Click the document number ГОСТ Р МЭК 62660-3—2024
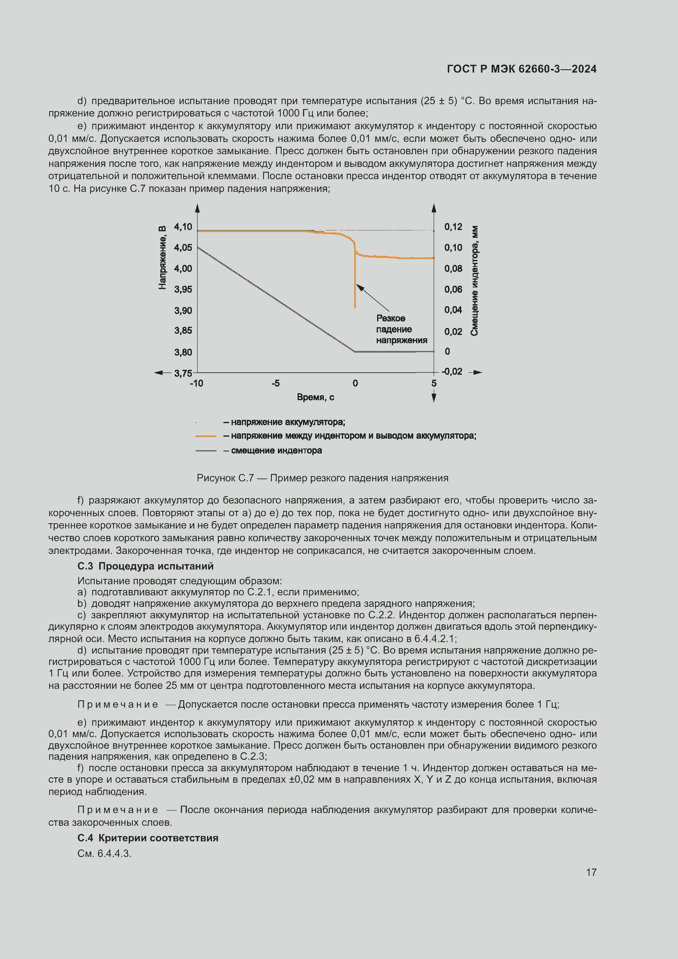tap(521, 69)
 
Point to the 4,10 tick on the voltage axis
tap(183, 227)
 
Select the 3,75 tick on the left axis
tap(183, 373)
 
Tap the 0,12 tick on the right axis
tap(453, 227)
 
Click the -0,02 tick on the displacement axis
tap(452, 371)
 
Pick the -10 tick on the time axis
tap(197, 383)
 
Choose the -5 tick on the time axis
tap(275, 383)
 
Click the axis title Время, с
tap(315, 397)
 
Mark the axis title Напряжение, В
tap(162, 257)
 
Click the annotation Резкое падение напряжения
tap(401, 329)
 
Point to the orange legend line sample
tap(206, 436)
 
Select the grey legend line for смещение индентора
tap(206, 451)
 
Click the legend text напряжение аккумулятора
tap(288, 422)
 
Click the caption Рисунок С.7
tap(322, 478)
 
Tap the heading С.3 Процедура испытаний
tap(145, 566)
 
